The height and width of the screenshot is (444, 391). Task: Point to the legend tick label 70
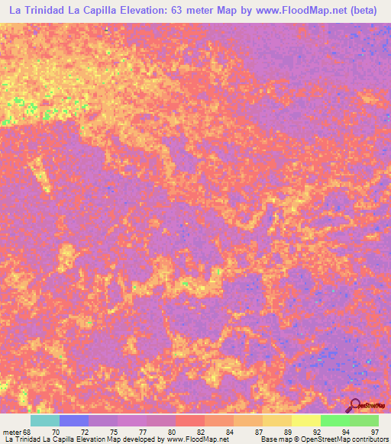click(x=56, y=431)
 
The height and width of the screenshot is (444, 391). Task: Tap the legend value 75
click(x=114, y=431)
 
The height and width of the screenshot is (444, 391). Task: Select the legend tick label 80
click(x=173, y=431)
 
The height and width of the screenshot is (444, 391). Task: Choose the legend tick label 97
click(x=373, y=431)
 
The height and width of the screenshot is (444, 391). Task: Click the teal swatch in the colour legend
click(x=45, y=420)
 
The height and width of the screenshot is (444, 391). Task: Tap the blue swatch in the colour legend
click(x=74, y=420)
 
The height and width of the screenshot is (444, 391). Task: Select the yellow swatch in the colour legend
click(x=305, y=420)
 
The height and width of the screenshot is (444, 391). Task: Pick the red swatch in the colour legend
click(x=189, y=420)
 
